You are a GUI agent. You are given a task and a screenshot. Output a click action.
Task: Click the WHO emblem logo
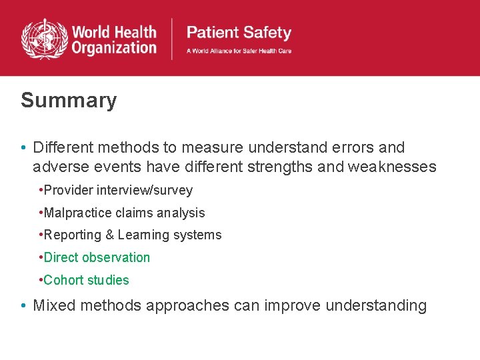pyautogui.click(x=44, y=39)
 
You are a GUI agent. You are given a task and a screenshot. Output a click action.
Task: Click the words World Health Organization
pyautogui.click(x=113, y=40)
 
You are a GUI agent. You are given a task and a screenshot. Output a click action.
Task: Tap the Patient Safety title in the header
pyautogui.click(x=239, y=33)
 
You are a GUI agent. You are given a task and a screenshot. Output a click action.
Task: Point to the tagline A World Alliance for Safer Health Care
pyautogui.click(x=239, y=51)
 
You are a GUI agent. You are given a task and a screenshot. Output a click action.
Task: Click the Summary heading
pyautogui.click(x=69, y=101)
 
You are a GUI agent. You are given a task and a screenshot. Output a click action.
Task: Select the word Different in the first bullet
pyautogui.click(x=62, y=147)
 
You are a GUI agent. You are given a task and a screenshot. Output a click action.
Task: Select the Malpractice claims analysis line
pyautogui.click(x=124, y=213)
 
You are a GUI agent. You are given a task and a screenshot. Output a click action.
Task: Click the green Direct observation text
pyautogui.click(x=97, y=257)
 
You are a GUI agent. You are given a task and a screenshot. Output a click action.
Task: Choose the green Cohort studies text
pyautogui.click(x=86, y=280)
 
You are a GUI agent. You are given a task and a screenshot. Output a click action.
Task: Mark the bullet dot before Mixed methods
pyautogui.click(x=23, y=307)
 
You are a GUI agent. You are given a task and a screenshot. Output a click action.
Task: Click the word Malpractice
pyautogui.click(x=74, y=213)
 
